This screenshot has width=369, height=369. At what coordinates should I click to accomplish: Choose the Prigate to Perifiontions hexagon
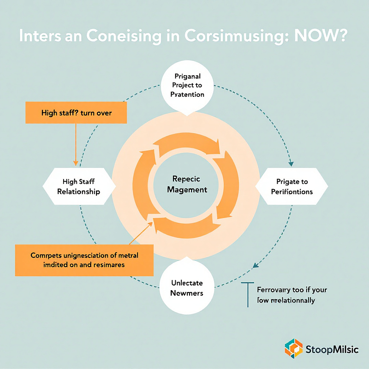tap(292, 186)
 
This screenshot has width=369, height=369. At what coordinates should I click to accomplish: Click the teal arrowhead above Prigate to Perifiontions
tap(291, 163)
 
